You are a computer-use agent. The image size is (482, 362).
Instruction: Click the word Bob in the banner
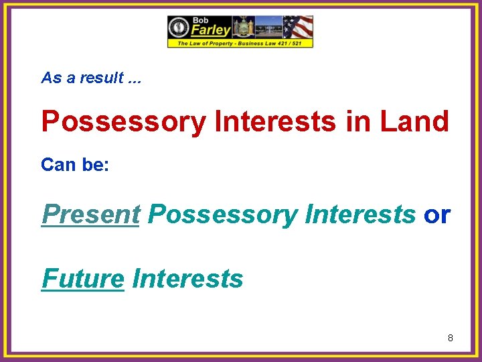200,20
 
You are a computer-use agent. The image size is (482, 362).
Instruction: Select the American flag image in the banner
298,27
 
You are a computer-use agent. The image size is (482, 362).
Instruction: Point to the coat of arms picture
242,27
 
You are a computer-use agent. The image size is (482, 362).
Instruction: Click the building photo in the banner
268,27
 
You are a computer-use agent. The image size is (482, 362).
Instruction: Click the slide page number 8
451,338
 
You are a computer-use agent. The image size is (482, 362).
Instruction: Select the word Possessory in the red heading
124,122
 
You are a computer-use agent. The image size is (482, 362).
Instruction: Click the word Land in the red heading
415,122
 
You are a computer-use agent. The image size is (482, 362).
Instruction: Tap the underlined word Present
90,215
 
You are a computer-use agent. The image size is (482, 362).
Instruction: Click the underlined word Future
83,278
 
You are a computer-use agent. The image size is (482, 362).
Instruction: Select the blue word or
437,215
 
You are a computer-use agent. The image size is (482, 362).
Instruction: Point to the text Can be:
74,164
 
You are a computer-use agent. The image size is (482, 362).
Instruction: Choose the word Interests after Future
188,278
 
